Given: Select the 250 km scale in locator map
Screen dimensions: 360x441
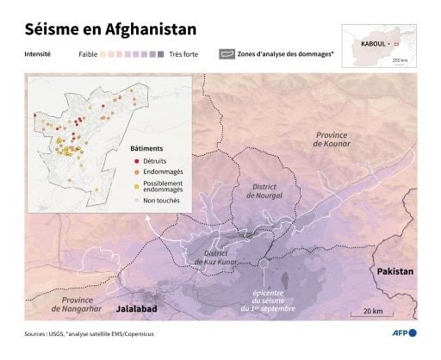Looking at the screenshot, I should click(x=400, y=59).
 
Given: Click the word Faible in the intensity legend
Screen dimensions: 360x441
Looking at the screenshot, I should click(x=89, y=53).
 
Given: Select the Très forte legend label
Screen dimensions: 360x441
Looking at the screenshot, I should click(x=184, y=53).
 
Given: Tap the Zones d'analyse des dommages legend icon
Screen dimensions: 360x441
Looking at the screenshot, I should click(x=227, y=53).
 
